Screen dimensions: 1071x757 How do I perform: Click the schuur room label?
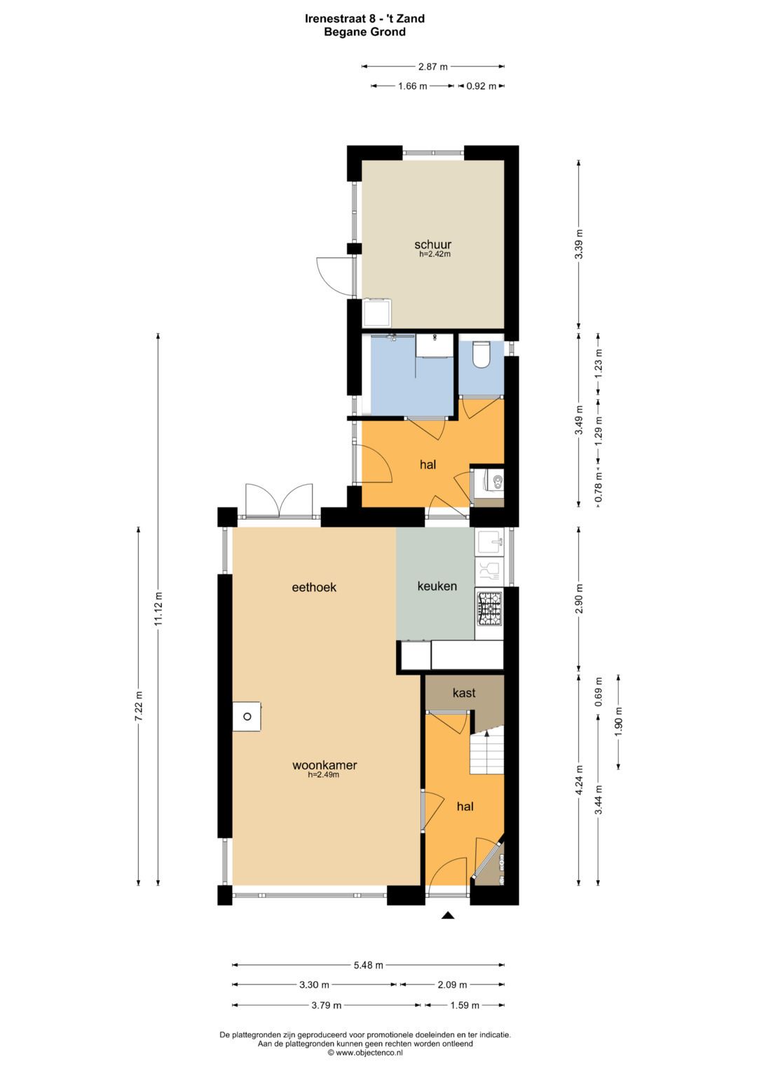[x=432, y=245]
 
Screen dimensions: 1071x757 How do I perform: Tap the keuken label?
[x=437, y=586]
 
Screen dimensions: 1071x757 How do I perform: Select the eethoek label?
[x=314, y=587]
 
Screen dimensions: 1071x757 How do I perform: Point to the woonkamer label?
[x=325, y=765]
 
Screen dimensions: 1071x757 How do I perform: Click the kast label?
[x=464, y=693]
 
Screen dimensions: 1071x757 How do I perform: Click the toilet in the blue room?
[x=481, y=355]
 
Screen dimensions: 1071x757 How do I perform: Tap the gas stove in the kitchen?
[x=489, y=608]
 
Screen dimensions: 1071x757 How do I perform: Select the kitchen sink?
[x=489, y=541]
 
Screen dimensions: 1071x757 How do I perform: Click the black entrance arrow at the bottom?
[x=448, y=915]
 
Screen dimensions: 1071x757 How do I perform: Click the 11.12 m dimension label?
[x=158, y=609]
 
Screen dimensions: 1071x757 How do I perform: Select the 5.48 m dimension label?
[x=368, y=965]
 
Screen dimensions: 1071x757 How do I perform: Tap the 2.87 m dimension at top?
[x=432, y=67]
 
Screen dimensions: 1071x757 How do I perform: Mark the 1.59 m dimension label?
[x=464, y=1005]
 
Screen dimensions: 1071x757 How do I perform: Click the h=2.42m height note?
[x=435, y=255]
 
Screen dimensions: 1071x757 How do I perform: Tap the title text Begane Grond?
[x=364, y=32]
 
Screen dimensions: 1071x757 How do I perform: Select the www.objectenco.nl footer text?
[x=365, y=1052]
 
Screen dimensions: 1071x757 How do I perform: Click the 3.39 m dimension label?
[x=578, y=244]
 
